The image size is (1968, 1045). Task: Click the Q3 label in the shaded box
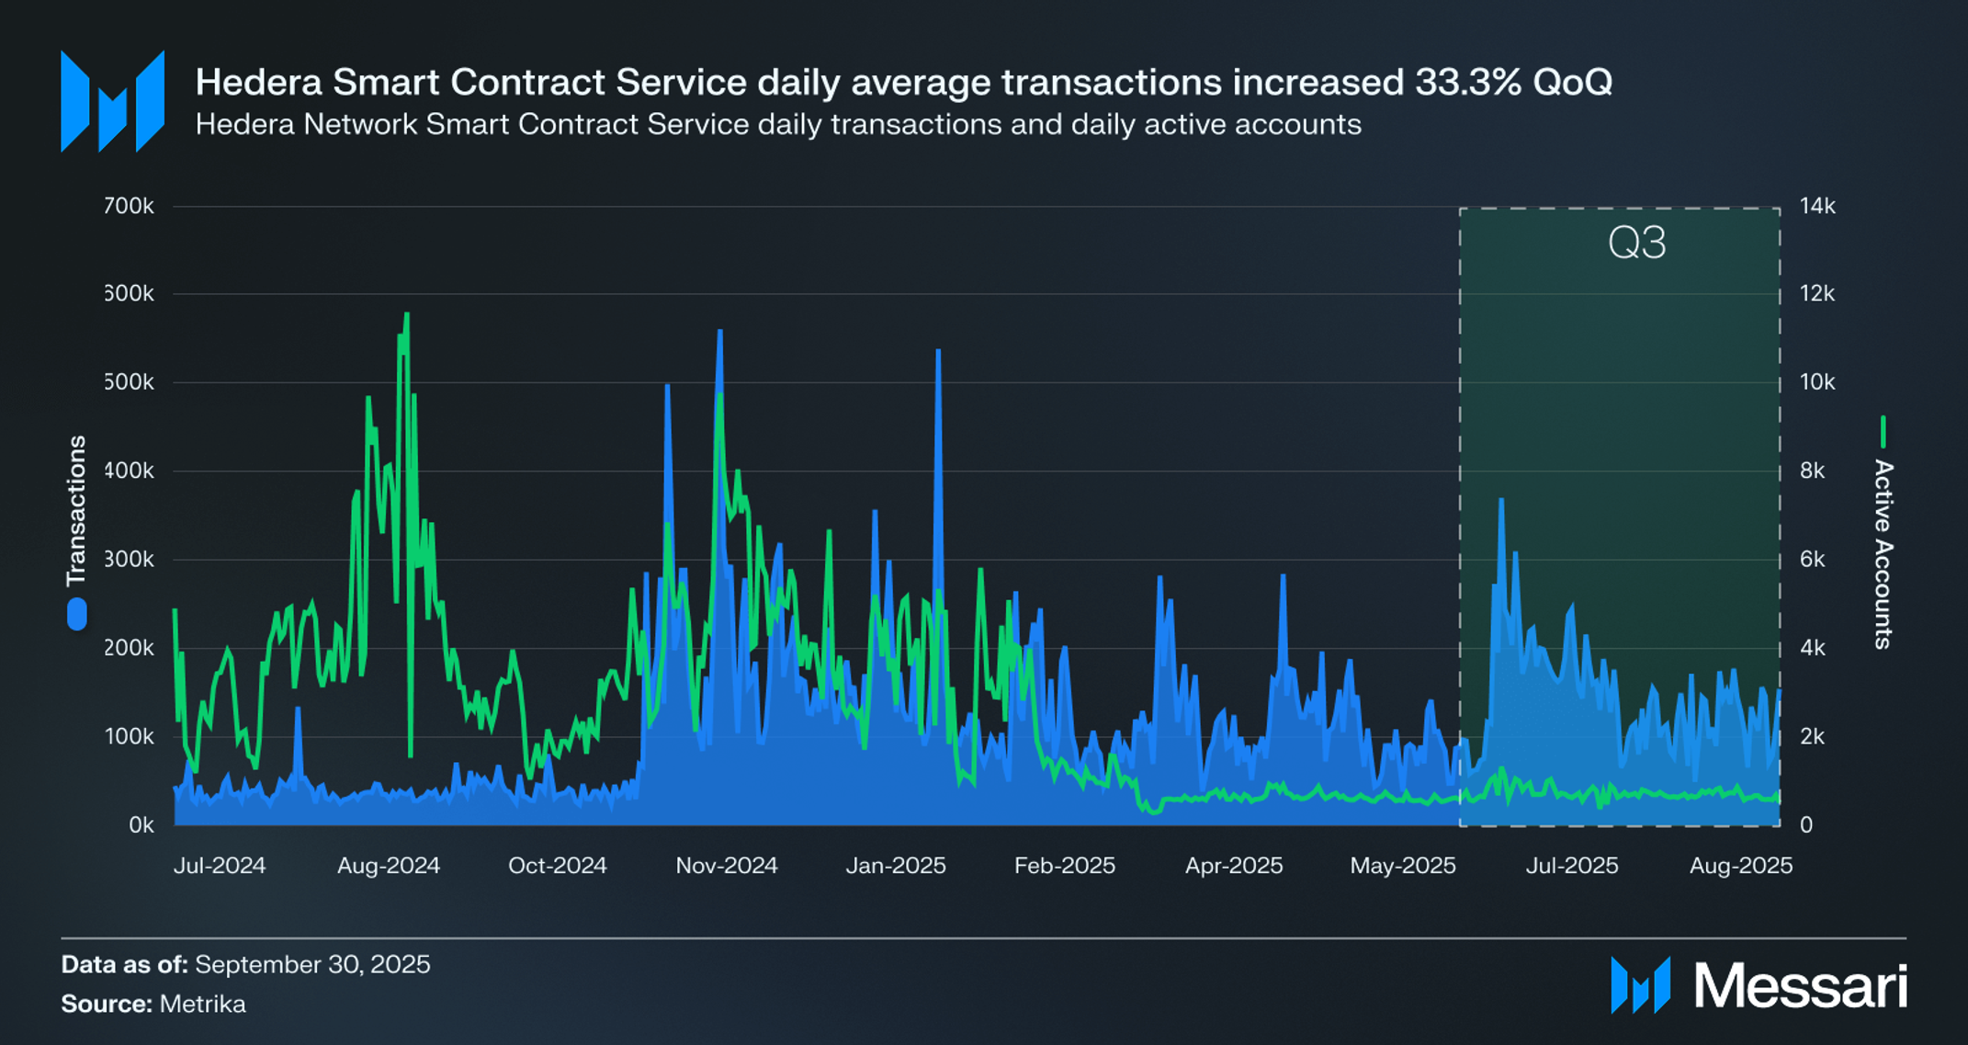pyautogui.click(x=1636, y=244)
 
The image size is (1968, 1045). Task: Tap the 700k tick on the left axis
pyautogui.click(x=129, y=206)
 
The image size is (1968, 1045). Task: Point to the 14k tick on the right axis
pyautogui.click(x=1816, y=206)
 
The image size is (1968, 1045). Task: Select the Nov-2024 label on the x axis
pyautogui.click(x=726, y=866)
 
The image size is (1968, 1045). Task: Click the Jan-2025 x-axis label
pyautogui.click(x=895, y=866)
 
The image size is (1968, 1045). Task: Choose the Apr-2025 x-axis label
pyautogui.click(x=1233, y=866)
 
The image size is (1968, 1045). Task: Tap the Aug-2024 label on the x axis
pyautogui.click(x=388, y=866)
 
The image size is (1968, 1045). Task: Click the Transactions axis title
pyautogui.click(x=76, y=510)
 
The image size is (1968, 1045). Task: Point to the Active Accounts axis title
pyautogui.click(x=1883, y=554)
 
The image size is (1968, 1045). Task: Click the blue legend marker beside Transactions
pyautogui.click(x=77, y=614)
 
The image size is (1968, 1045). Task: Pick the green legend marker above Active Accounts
pyautogui.click(x=1883, y=431)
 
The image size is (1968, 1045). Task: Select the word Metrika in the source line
pyautogui.click(x=202, y=1004)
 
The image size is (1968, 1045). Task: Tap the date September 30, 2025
pyautogui.click(x=312, y=964)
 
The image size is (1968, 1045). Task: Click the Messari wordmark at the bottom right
pyautogui.click(x=1799, y=986)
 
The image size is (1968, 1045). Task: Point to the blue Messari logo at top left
pyautogui.click(x=112, y=101)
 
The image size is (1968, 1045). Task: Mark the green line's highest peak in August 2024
pyautogui.click(x=406, y=315)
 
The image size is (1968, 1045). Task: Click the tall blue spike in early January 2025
pyautogui.click(x=938, y=352)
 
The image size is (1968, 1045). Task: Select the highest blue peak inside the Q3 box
pyautogui.click(x=1501, y=501)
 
